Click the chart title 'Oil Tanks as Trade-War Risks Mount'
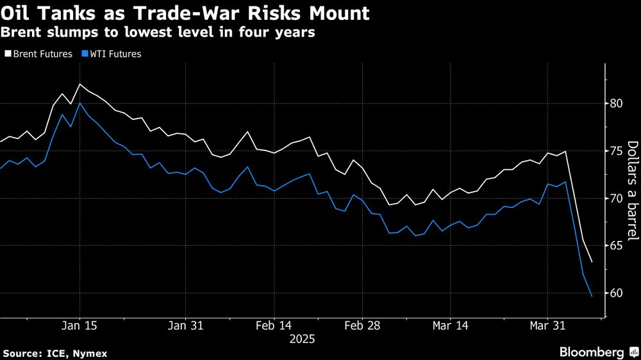pos(185,13)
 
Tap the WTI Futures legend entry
pos(113,54)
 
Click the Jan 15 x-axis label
pos(79,326)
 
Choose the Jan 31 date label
pos(185,326)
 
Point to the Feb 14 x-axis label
pos(274,326)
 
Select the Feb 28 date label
pos(362,326)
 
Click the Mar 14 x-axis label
pos(450,326)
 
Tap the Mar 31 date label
pos(547,326)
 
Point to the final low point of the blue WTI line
pos(591,296)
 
